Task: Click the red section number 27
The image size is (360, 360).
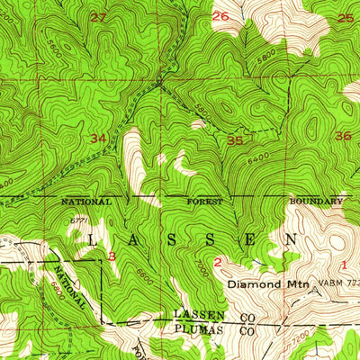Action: point(98,17)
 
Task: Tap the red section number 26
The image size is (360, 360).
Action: point(220,16)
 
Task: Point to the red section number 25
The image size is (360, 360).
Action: point(346,17)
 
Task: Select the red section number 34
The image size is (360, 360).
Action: point(98,139)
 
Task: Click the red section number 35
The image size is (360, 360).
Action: point(235,140)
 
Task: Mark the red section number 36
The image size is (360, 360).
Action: point(342,136)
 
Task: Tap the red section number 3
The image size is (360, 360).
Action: point(112,256)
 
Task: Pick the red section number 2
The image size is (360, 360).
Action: point(219,262)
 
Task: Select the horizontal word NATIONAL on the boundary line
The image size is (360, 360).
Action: point(86,202)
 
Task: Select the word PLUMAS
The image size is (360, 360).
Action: point(195,329)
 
